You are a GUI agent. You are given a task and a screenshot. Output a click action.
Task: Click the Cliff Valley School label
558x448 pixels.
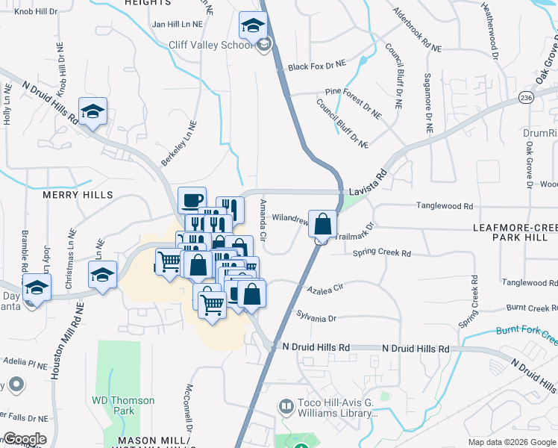(x=211, y=46)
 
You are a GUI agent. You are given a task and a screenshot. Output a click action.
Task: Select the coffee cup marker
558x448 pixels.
(x=192, y=200)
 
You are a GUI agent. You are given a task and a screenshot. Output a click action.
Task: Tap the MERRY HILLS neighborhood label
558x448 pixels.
(x=78, y=195)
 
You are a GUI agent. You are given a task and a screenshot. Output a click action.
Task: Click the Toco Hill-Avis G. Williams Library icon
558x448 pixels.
(x=286, y=407)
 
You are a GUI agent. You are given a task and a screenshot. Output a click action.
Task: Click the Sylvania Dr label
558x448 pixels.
(x=316, y=317)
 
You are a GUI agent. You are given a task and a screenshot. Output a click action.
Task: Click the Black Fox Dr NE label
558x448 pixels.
(x=318, y=66)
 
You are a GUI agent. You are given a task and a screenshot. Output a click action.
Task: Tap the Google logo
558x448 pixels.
(x=24, y=439)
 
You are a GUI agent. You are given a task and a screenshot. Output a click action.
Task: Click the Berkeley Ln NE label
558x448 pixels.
(x=178, y=143)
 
